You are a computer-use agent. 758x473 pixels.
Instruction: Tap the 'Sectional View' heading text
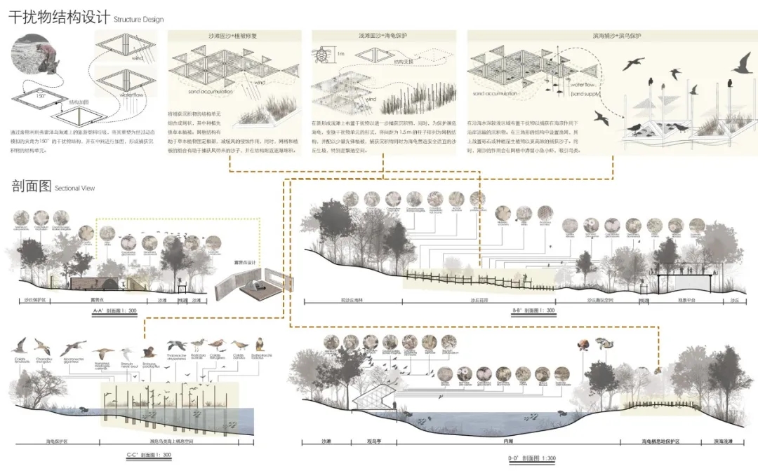[x=74, y=188]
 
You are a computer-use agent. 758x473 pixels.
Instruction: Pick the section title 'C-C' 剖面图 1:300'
[x=148, y=454]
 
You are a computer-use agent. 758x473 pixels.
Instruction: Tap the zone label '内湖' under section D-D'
[x=507, y=442]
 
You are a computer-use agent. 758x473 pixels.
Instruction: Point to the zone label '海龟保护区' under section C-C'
[x=57, y=442]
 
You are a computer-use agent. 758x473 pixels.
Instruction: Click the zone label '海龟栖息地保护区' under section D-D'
[x=660, y=442]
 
